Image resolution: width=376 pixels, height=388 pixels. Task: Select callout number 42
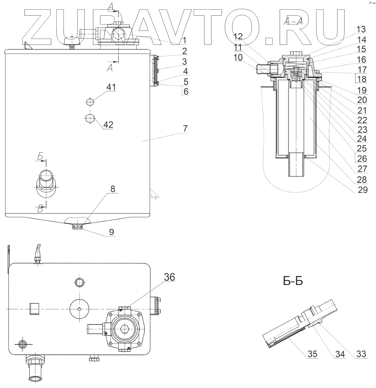(x=108, y=125)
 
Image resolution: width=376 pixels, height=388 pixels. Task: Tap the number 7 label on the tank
(x=185, y=128)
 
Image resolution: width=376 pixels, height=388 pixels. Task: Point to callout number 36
(x=169, y=277)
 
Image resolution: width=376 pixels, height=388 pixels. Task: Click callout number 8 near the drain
(x=113, y=189)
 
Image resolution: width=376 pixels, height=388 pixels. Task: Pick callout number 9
(x=111, y=232)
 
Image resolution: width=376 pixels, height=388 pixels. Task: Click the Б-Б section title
(x=293, y=281)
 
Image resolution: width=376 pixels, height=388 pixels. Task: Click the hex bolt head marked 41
(x=90, y=102)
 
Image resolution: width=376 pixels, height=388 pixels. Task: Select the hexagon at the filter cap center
(x=125, y=330)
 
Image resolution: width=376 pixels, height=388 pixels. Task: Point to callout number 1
(x=184, y=40)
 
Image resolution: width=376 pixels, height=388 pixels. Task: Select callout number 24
(x=362, y=139)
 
